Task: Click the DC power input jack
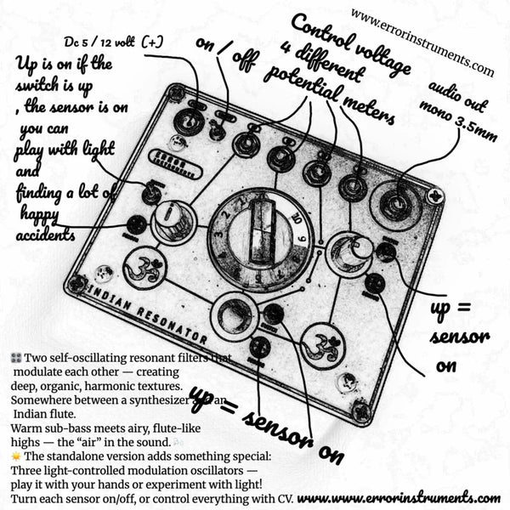188,123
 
